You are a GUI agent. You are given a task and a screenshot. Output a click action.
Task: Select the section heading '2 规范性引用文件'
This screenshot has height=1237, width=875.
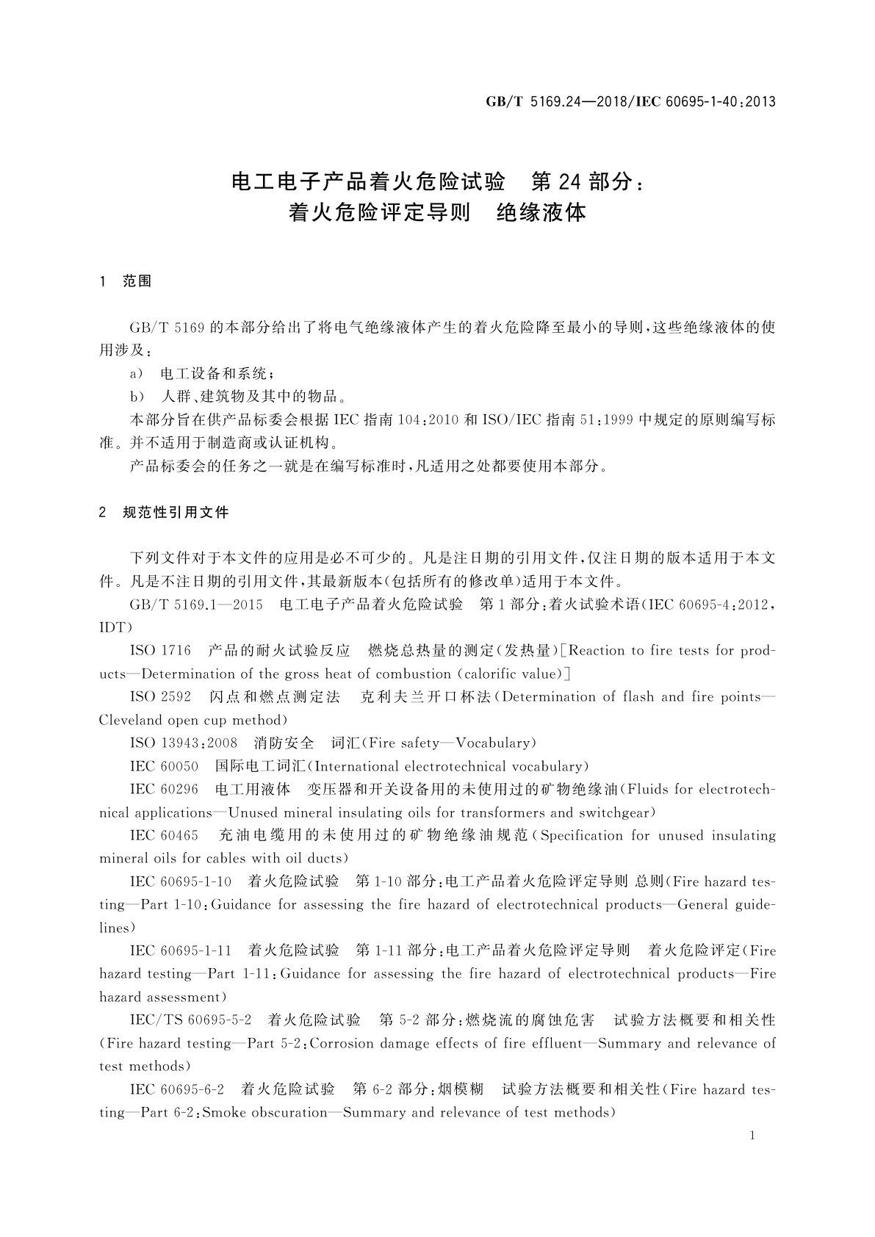point(164,513)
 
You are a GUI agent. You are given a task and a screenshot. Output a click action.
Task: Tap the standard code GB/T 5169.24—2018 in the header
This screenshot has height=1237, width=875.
point(553,102)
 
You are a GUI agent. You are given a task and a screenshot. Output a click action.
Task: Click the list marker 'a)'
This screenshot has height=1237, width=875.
point(137,373)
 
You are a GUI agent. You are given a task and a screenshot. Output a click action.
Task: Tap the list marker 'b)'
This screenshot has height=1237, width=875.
point(137,397)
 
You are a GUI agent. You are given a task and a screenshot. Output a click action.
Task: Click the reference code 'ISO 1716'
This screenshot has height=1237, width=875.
point(160,651)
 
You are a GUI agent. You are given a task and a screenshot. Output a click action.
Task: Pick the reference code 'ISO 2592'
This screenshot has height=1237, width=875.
point(160,697)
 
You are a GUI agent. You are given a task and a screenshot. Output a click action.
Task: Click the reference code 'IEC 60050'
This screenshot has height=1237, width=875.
point(164,767)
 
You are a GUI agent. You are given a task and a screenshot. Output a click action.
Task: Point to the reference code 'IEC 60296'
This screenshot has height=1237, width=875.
point(164,790)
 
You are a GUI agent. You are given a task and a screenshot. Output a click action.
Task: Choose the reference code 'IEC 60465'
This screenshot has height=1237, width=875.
point(164,836)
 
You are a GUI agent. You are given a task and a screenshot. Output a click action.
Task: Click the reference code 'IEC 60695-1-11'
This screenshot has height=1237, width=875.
point(181,951)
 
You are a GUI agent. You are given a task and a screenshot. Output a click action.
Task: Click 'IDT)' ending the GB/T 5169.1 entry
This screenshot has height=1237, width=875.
point(115,628)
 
